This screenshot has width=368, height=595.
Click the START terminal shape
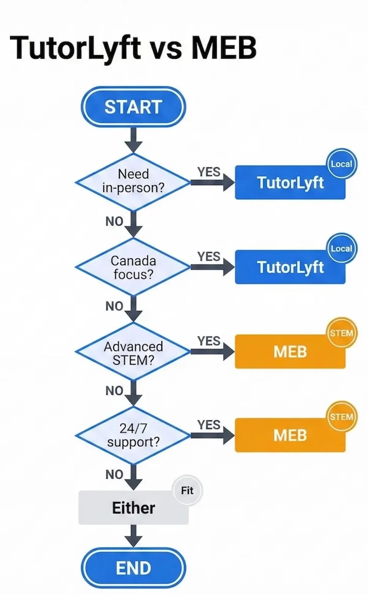pyautogui.click(x=133, y=107)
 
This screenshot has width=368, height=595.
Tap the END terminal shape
pyautogui.click(x=133, y=568)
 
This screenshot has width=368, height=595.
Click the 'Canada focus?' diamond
pyautogui.click(x=133, y=267)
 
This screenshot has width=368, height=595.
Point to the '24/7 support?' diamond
pyautogui.click(x=133, y=435)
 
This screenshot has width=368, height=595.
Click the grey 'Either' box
pyautogui.click(x=133, y=508)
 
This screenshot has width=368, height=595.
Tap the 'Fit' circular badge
pyautogui.click(x=187, y=491)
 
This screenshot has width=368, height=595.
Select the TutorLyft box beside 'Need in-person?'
pyautogui.click(x=290, y=183)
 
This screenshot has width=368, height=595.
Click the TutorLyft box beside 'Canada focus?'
pyautogui.click(x=290, y=267)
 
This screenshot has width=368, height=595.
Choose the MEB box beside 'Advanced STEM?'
pyautogui.click(x=290, y=352)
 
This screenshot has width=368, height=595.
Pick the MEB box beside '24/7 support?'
pyautogui.click(x=290, y=435)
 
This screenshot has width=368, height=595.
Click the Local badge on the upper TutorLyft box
pyautogui.click(x=341, y=164)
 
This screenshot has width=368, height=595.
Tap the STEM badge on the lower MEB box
pyautogui.click(x=341, y=417)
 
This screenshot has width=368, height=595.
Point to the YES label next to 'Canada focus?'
pyautogui.click(x=209, y=256)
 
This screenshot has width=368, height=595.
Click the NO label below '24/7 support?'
pyautogui.click(x=114, y=475)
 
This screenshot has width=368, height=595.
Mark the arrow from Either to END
pyautogui.click(x=133, y=536)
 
